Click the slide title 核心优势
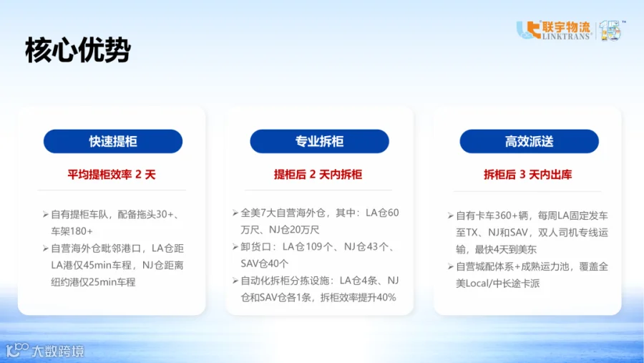point(78,50)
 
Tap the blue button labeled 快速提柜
point(113,142)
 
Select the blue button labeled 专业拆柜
point(320,142)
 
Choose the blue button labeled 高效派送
point(529,142)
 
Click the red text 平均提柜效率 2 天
point(112,175)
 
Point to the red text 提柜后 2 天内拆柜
point(318,175)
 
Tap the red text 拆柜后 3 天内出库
point(528,175)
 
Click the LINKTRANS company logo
point(554,30)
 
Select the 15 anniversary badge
point(612,30)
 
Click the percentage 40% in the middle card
point(386,297)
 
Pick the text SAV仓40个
point(265,263)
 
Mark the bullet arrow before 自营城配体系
point(451,267)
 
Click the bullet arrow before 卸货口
point(235,247)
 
